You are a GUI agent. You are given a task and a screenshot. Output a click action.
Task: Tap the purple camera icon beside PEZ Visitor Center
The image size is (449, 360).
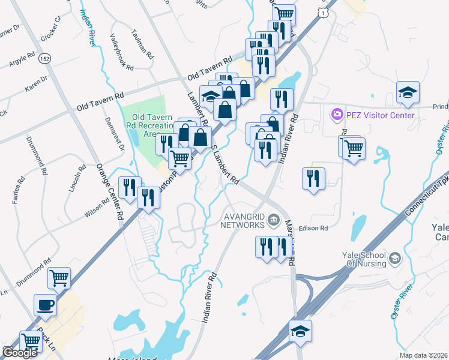click(336, 113)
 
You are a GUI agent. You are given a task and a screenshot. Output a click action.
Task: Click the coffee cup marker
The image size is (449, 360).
click(45, 305)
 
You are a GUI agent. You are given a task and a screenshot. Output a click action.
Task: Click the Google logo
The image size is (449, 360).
click(20, 352)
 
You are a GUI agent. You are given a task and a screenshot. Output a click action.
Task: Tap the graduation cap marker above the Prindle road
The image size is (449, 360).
click(407, 92)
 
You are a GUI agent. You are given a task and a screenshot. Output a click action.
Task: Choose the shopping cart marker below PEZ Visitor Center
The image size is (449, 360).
click(353, 146)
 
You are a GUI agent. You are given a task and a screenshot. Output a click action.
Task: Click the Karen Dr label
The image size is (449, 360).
click(35, 84)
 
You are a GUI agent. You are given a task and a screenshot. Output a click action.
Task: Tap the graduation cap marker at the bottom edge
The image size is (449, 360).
click(301, 331)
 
